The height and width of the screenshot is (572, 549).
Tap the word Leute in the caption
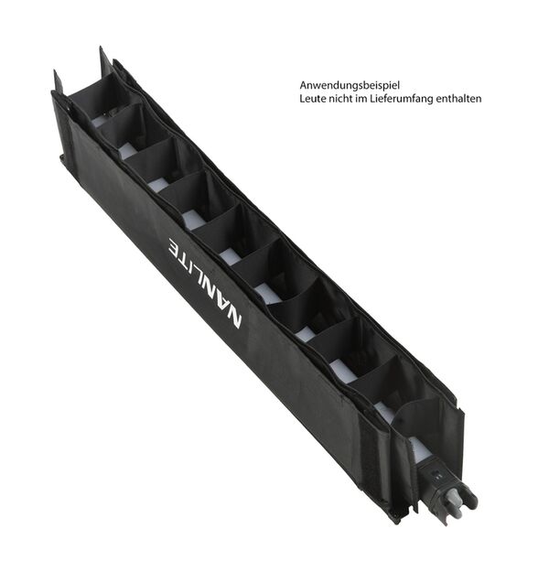(x=312, y=98)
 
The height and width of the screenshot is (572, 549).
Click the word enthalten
(x=459, y=98)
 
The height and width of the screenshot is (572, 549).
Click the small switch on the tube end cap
(x=436, y=475)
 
